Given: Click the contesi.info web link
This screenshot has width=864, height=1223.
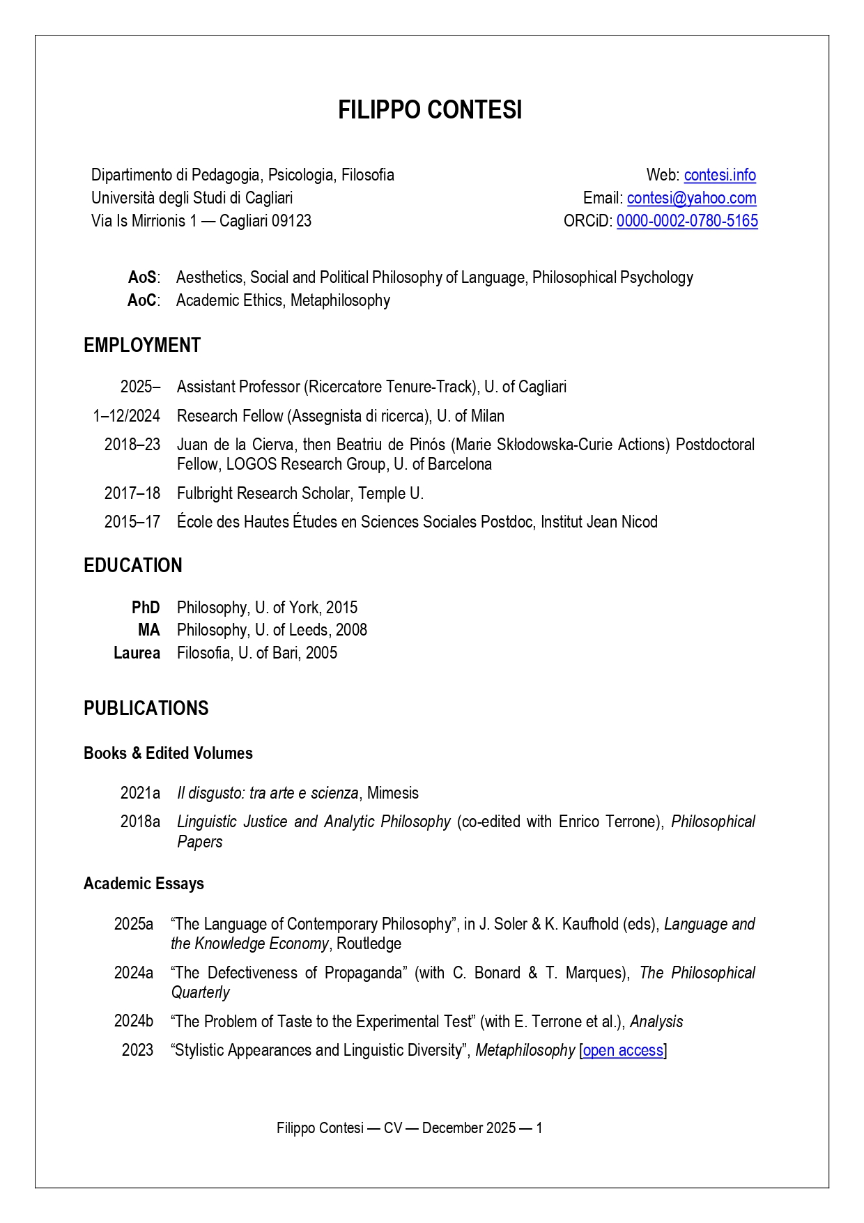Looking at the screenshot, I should click(720, 175).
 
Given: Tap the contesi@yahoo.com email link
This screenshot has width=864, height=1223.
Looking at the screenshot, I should click(691, 198).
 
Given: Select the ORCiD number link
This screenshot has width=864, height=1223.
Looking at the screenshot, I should click(687, 221).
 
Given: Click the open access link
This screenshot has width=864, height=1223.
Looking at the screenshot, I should click(623, 1050).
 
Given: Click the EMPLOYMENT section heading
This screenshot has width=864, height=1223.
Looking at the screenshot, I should click(142, 346).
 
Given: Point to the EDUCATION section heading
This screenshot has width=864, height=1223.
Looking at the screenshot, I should click(133, 566).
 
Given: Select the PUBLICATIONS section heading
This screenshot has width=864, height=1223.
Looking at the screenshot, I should click(146, 709).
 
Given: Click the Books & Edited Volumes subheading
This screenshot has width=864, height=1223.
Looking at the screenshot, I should click(168, 753).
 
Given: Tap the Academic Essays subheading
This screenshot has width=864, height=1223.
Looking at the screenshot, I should click(144, 884).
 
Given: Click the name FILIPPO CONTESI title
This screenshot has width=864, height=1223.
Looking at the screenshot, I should click(430, 110).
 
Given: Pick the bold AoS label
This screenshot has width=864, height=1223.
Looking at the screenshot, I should click(142, 277).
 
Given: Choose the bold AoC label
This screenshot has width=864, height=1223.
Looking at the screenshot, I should click(142, 300).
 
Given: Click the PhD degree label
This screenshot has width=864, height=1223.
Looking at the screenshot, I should click(146, 608).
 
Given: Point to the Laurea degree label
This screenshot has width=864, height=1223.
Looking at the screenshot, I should click(137, 653).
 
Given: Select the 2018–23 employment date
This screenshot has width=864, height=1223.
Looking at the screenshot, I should click(132, 445).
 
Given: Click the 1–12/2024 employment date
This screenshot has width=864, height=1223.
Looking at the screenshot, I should click(127, 416).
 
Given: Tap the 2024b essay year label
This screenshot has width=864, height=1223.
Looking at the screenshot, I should click(134, 1022).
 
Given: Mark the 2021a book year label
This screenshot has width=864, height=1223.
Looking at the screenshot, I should click(140, 793).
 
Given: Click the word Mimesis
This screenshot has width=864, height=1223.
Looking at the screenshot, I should click(393, 793).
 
